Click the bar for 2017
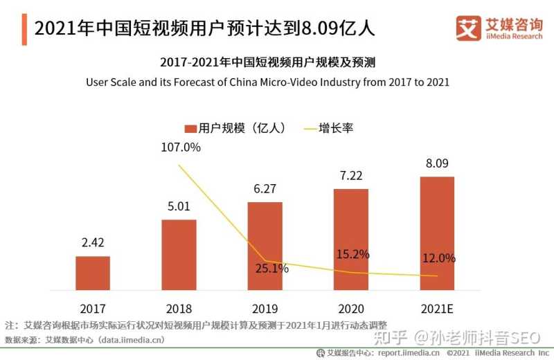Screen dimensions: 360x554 point(93,273)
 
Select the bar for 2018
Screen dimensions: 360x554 point(179,255)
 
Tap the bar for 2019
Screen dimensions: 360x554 point(265,246)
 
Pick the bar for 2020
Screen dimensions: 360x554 point(351,240)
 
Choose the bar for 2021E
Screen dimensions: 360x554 point(437,233)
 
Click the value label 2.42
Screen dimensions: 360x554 point(93,243)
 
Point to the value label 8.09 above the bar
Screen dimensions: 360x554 point(437,164)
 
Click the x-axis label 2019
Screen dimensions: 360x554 point(265,308)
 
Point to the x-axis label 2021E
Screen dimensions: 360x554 point(437,308)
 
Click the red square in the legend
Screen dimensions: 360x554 point(190,128)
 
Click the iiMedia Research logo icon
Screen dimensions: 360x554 point(468,27)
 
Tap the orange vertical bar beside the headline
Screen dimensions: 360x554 point(24,28)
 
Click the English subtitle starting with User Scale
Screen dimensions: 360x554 point(267,82)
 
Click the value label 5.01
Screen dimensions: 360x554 point(179,206)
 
